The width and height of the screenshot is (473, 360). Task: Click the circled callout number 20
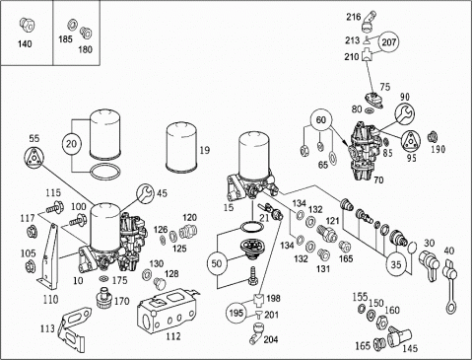point(71,144)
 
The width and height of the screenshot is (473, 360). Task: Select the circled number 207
point(389,42)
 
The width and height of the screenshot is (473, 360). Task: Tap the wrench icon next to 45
point(146,193)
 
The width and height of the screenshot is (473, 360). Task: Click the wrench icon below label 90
point(405,113)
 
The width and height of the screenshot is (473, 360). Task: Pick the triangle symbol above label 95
point(412,141)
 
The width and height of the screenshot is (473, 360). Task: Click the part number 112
point(173,336)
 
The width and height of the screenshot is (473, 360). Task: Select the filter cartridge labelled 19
point(181,147)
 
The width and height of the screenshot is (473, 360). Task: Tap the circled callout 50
point(217,263)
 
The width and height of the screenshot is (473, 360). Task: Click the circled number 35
point(396,264)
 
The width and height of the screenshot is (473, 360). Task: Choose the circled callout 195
point(236,313)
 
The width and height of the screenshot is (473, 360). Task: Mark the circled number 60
point(320,119)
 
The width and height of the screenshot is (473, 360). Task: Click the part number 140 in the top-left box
point(25,43)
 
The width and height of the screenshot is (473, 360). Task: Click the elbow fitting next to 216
point(370,22)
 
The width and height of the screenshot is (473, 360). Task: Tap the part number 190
point(438,149)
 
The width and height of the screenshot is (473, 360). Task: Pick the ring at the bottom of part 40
point(451,308)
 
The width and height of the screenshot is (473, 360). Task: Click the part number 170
point(122,301)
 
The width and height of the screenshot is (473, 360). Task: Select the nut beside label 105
point(31,265)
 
